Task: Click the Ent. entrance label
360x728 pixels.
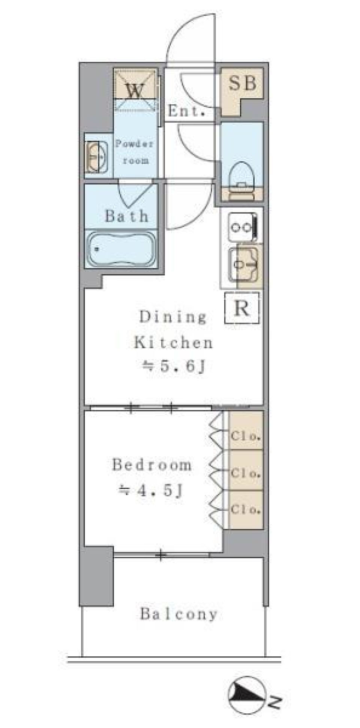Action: click(x=186, y=111)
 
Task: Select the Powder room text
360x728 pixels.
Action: click(x=134, y=152)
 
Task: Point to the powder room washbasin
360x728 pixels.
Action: click(x=97, y=156)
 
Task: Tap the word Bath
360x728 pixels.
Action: click(x=126, y=216)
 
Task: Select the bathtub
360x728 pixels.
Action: click(x=121, y=248)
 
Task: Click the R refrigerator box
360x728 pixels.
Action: click(x=242, y=308)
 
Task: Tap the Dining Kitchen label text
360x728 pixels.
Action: click(x=173, y=330)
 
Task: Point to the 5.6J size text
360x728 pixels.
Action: click(x=174, y=366)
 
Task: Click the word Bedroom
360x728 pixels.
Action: click(x=152, y=465)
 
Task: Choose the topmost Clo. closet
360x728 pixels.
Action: click(x=246, y=430)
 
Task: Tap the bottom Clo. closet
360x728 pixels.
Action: click(x=246, y=510)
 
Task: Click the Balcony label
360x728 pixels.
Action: click(x=178, y=614)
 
